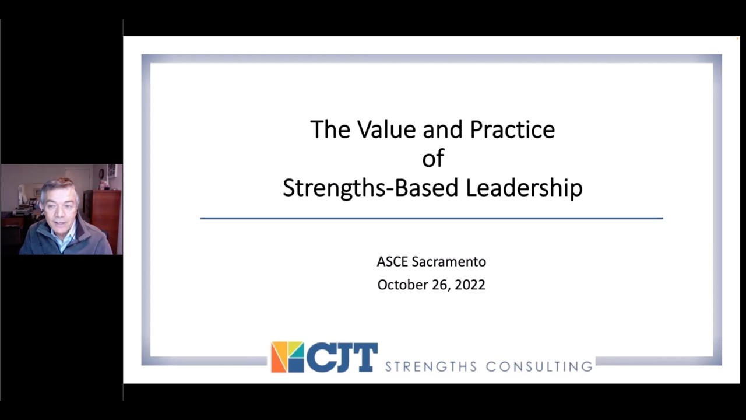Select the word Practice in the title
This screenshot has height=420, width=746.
(x=512, y=129)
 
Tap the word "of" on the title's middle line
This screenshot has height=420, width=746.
(x=433, y=159)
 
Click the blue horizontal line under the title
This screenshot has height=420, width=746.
(x=431, y=218)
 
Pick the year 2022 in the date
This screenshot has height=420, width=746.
(x=470, y=285)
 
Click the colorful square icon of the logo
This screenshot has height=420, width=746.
(x=287, y=357)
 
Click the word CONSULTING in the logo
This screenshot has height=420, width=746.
(x=539, y=366)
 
